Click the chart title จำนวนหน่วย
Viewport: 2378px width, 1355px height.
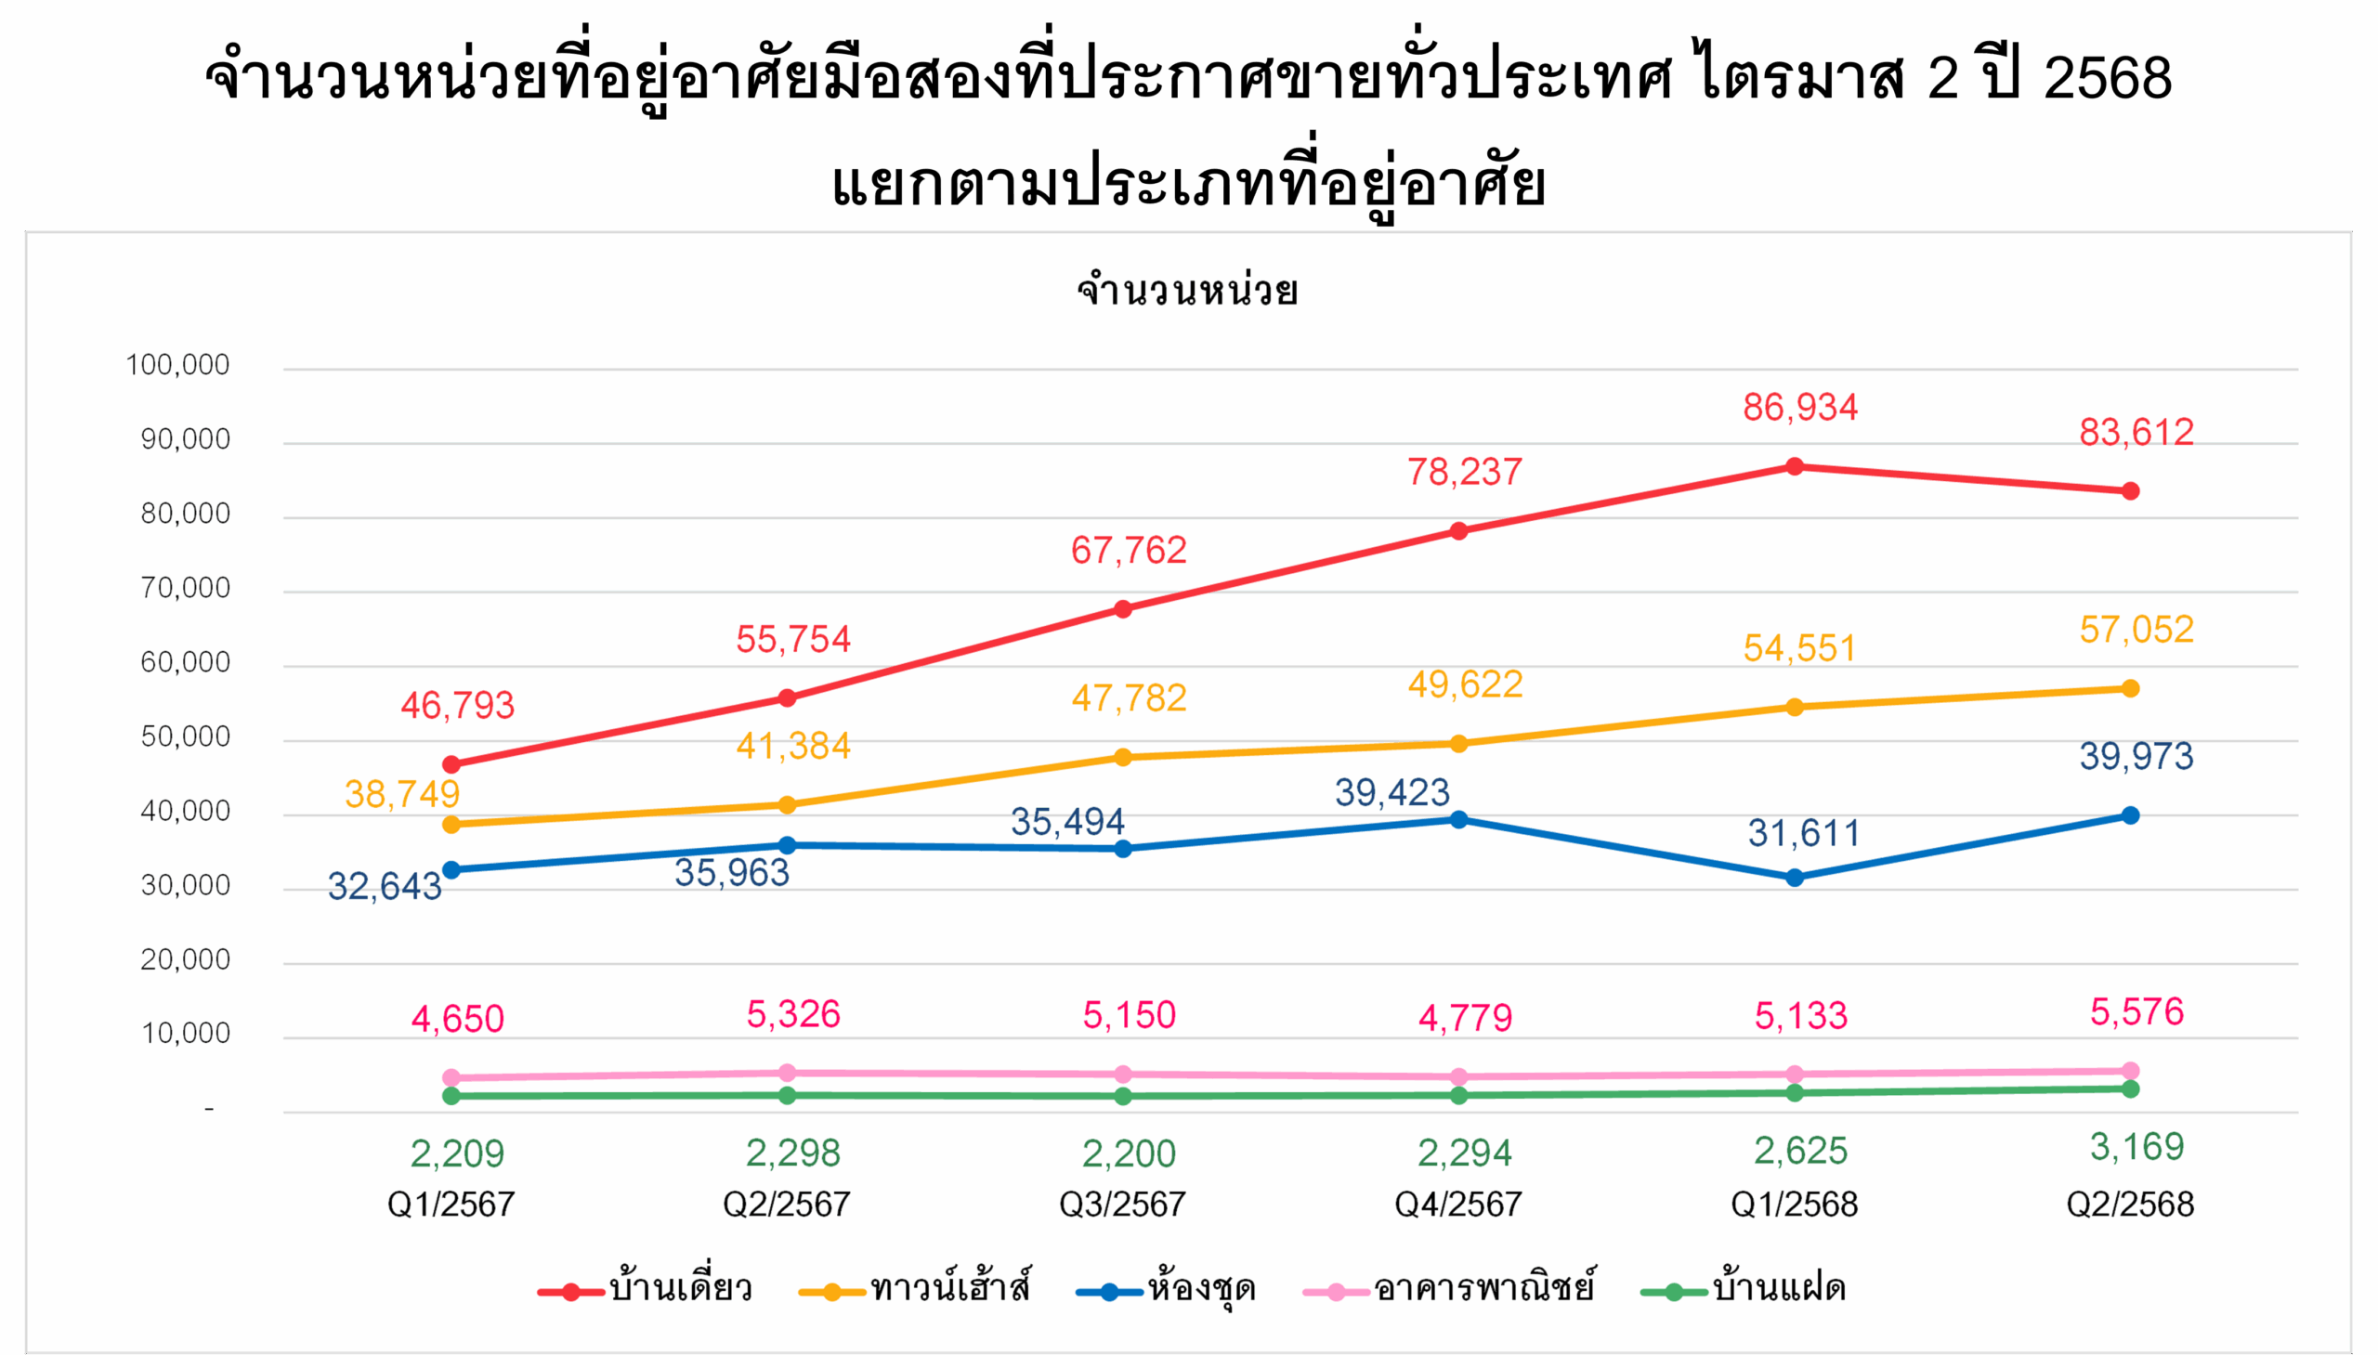pyautogui.click(x=1187, y=292)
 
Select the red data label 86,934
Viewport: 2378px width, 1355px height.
pyautogui.click(x=1800, y=408)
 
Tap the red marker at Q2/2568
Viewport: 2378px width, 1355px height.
pyautogui.click(x=2130, y=491)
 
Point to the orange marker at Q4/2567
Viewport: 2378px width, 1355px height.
pyautogui.click(x=1458, y=744)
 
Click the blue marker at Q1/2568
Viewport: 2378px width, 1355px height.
pyautogui.click(x=1795, y=878)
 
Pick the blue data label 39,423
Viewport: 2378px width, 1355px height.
pyautogui.click(x=1392, y=793)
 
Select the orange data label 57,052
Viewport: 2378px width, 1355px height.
pyautogui.click(x=2136, y=630)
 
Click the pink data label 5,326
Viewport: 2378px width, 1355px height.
pyautogui.click(x=793, y=1014)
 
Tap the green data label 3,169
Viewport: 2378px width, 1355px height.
pyautogui.click(x=2136, y=1147)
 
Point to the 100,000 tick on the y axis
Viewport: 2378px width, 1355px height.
pyautogui.click(x=177, y=365)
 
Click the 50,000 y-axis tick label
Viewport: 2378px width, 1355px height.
pyautogui.click(x=185, y=737)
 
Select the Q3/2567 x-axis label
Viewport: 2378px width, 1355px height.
pyautogui.click(x=1122, y=1205)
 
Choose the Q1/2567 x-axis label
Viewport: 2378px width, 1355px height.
pyautogui.click(x=451, y=1205)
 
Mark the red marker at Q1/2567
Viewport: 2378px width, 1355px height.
pyautogui.click(x=451, y=765)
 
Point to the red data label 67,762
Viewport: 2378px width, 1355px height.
pyautogui.click(x=1129, y=551)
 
